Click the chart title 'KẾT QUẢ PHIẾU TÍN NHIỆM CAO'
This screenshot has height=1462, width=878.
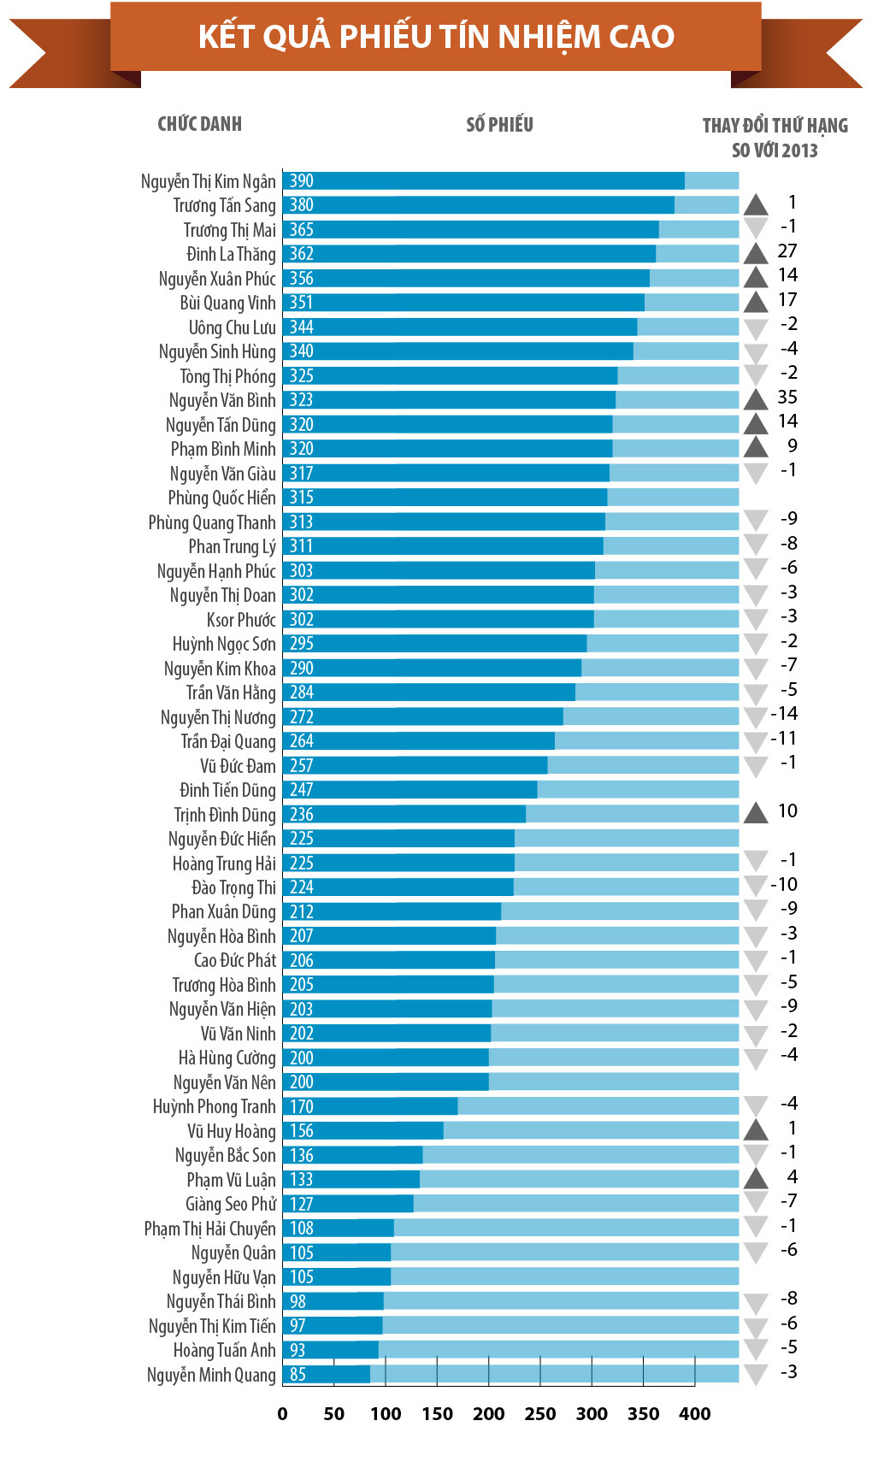[x=436, y=36]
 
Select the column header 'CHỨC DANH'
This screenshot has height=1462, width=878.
[x=199, y=124]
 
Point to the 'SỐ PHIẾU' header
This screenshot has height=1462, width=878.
[x=499, y=125]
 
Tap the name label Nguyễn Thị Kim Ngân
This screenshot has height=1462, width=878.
[x=208, y=181]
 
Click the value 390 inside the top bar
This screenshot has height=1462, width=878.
[x=301, y=181]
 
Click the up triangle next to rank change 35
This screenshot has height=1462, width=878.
[x=756, y=399]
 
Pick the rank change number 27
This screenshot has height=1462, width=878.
[x=787, y=251]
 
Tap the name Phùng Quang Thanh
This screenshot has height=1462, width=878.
[x=212, y=522]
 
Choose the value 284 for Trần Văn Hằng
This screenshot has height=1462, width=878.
[x=301, y=693]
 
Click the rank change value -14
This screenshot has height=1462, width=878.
[x=784, y=714]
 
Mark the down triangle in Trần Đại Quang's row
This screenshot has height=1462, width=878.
[x=756, y=741]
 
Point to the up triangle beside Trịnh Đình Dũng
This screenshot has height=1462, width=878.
[x=756, y=813]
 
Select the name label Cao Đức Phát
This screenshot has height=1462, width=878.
[x=234, y=961]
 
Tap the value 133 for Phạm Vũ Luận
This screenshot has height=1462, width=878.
[x=301, y=1180]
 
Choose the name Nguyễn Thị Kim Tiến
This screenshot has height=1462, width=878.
[x=212, y=1326]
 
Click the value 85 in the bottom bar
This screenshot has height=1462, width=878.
[x=298, y=1375]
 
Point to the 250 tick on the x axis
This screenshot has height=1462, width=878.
[x=540, y=1414]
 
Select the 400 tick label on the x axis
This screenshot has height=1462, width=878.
[x=694, y=1414]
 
